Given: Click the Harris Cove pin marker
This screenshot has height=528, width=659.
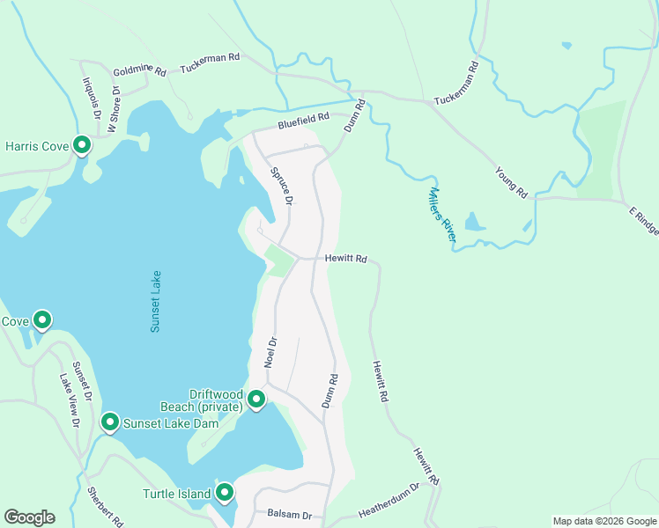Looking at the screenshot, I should [82, 144].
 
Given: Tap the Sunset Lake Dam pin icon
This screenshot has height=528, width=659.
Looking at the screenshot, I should [110, 422].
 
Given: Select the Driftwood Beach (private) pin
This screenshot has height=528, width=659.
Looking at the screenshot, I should [256, 400].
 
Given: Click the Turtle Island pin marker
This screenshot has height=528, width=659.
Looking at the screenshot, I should [225, 493].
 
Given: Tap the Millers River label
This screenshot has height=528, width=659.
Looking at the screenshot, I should [442, 214].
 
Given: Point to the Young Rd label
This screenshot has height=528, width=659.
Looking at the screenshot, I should [510, 181].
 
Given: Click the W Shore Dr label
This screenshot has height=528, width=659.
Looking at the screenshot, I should [114, 110].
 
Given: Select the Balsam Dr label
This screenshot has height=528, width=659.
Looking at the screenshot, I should [289, 513].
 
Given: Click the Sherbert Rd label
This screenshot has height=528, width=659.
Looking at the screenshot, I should [105, 505].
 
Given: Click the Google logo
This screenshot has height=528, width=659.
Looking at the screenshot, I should [29, 517].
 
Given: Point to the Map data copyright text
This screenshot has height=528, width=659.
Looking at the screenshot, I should [603, 521].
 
